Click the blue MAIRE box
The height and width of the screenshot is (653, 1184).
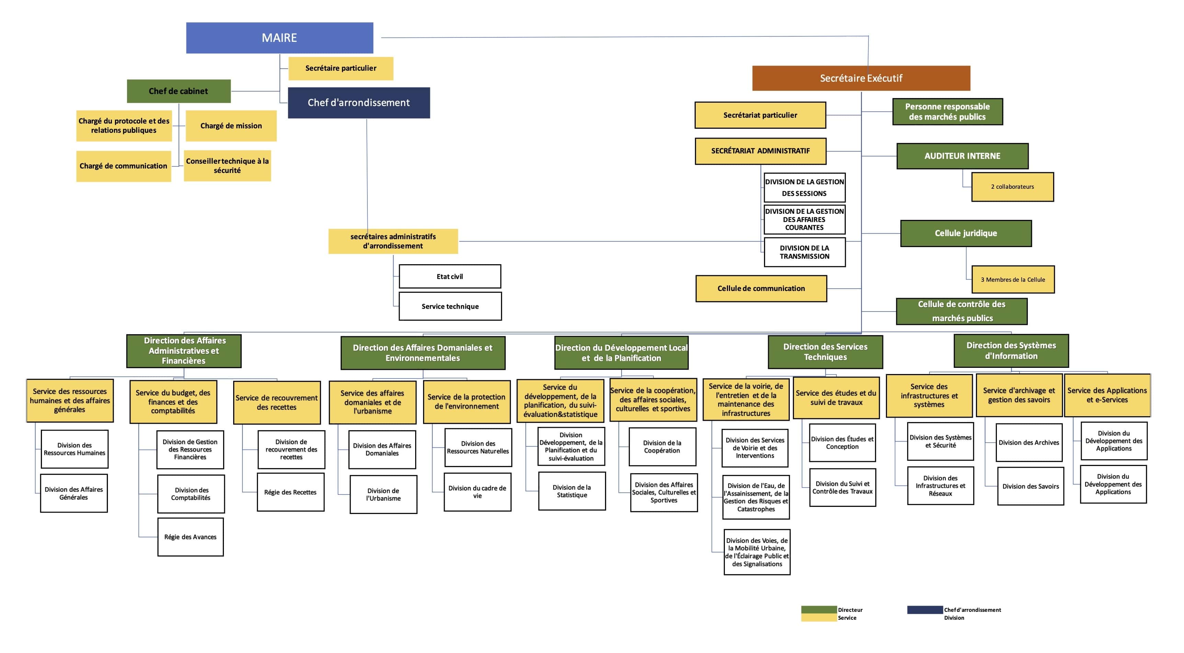(x=280, y=38)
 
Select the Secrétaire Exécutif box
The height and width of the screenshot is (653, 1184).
(x=861, y=78)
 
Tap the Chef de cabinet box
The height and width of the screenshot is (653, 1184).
(x=178, y=91)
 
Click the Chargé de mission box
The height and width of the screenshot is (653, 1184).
(x=231, y=125)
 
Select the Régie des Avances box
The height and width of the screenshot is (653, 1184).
(x=190, y=537)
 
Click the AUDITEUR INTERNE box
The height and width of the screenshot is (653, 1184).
(x=962, y=156)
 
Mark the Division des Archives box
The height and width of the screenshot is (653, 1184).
(x=1029, y=443)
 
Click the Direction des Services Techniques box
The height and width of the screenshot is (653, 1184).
(x=825, y=352)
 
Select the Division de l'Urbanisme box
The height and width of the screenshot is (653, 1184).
(x=383, y=494)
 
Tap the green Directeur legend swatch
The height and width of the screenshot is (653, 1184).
(x=819, y=610)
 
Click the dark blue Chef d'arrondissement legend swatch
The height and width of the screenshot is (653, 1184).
(x=925, y=610)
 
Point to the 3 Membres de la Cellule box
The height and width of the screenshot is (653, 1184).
(x=1013, y=280)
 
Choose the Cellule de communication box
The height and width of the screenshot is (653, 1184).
(x=761, y=288)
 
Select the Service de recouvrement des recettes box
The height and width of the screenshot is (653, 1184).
(x=277, y=402)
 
